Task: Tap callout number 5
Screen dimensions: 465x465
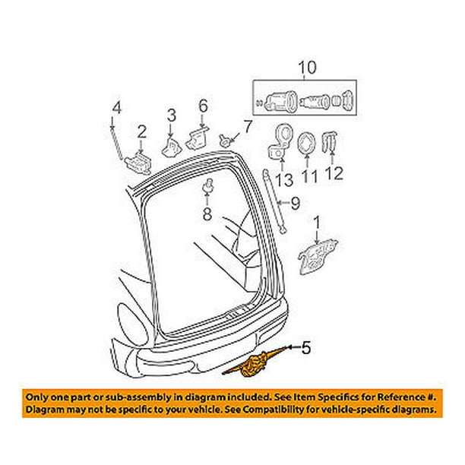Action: pos(305,348)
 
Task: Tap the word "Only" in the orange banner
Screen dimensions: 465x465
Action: pos(39,397)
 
